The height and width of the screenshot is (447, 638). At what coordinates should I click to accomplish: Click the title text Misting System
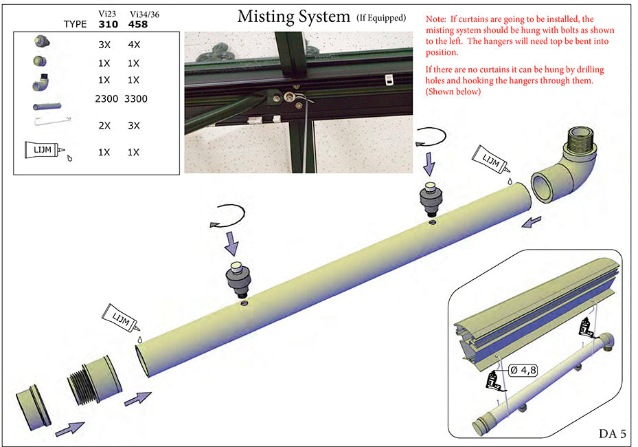click(x=293, y=17)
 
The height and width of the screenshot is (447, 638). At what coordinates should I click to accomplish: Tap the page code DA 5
click(x=613, y=433)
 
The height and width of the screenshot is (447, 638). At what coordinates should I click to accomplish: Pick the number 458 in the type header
click(x=137, y=24)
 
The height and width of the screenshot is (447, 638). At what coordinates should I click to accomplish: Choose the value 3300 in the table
click(x=136, y=99)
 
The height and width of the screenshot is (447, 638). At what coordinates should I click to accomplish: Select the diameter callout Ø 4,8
click(x=523, y=369)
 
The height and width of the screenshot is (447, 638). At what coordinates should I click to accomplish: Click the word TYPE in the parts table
click(x=75, y=24)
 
